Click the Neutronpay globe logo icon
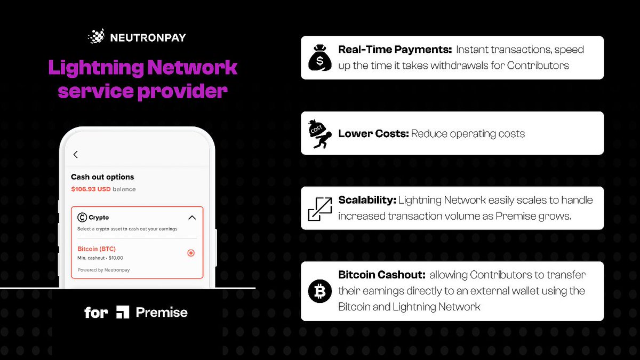[97, 37]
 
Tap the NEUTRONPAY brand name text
[148, 37]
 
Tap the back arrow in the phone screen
[76, 155]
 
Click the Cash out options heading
[102, 177]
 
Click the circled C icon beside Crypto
[82, 217]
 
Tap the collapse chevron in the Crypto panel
[192, 218]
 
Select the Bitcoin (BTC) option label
[97, 249]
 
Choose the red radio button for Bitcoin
[191, 253]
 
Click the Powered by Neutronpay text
[103, 270]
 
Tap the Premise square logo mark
[123, 313]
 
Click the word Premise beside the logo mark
[162, 313]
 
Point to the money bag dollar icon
[320, 58]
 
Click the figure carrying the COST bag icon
[320, 133]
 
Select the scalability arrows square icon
[320, 209]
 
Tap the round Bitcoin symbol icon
[320, 291]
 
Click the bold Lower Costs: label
[373, 133]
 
